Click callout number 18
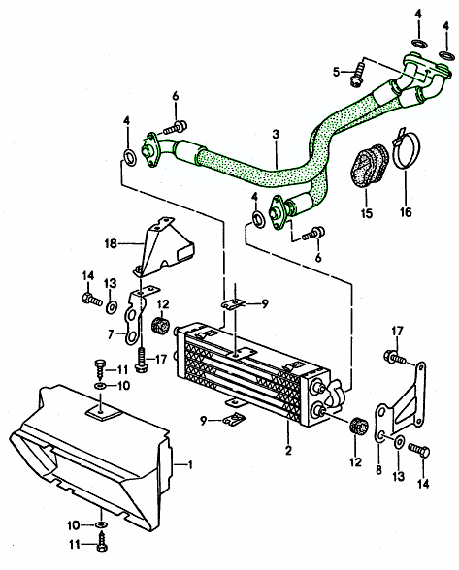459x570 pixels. pos(111,242)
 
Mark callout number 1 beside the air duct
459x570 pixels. pos(190,464)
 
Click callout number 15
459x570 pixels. pos(367,210)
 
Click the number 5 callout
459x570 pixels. pos(336,72)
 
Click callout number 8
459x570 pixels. pos(378,469)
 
